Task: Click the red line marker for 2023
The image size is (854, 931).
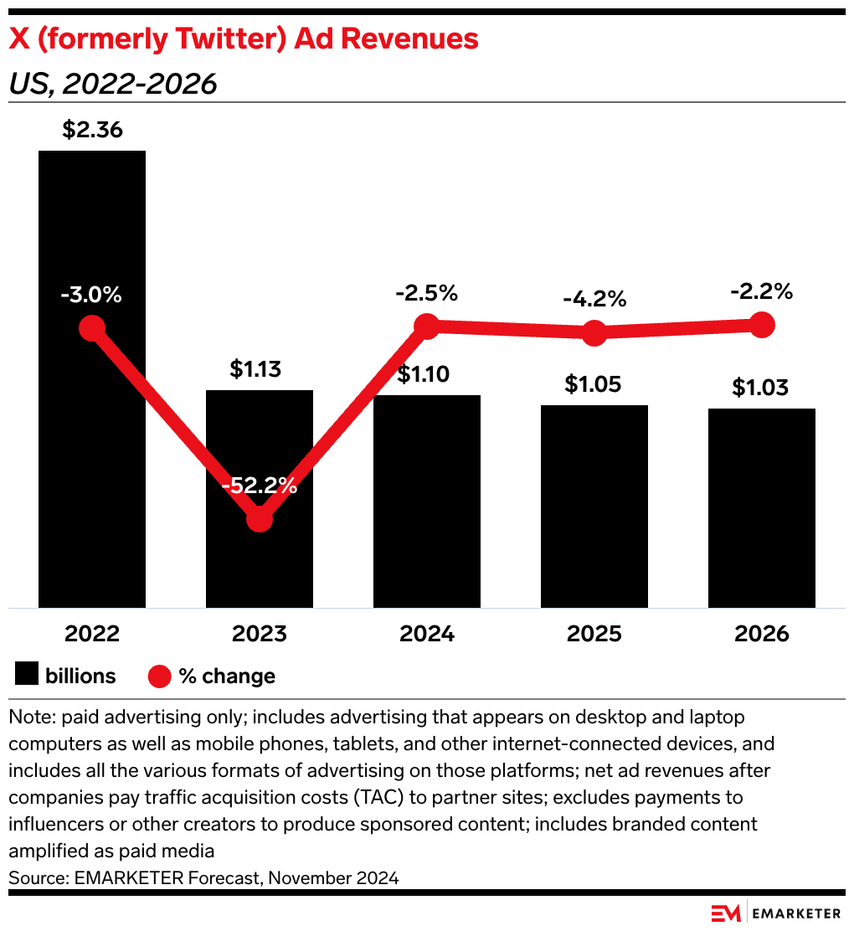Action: [260, 519]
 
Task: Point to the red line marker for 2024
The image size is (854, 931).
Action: [427, 327]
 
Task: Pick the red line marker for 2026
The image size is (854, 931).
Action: [762, 324]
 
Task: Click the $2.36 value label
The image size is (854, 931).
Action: [92, 131]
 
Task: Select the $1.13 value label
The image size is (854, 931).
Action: [260, 369]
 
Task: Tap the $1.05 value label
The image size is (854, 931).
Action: [594, 384]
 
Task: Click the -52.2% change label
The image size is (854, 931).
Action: [260, 485]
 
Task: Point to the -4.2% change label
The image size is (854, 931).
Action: [594, 299]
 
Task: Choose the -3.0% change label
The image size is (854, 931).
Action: [91, 295]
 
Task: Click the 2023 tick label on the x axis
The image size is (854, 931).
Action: [260, 634]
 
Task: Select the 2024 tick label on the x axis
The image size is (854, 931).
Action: [427, 634]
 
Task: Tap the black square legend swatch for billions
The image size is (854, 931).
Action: [28, 676]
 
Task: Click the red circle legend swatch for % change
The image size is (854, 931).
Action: [160, 676]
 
